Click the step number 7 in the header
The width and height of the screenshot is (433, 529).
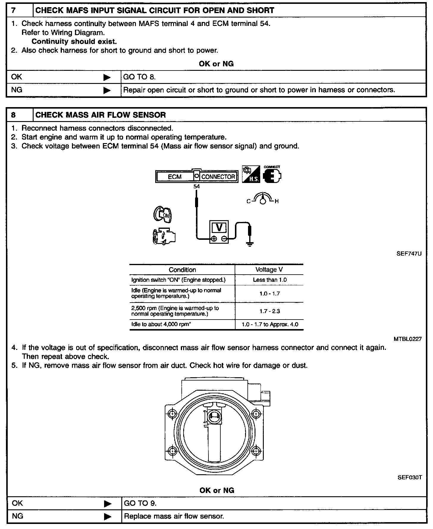(13, 10)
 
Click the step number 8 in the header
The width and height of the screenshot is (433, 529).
(13, 115)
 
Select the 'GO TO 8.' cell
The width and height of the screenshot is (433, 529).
(139, 77)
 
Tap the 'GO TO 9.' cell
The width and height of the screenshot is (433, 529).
(140, 503)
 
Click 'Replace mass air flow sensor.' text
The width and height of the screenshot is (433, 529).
(174, 516)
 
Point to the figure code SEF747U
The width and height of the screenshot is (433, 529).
(409, 254)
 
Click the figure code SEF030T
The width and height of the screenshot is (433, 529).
(410, 478)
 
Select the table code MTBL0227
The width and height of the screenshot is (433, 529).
(407, 339)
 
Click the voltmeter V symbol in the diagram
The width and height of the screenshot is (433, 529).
(219, 228)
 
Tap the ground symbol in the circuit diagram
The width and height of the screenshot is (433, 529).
(250, 244)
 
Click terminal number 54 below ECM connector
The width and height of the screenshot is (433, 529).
(197, 187)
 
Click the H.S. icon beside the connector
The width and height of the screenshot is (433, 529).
(251, 174)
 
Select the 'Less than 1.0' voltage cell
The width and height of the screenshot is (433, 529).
(270, 280)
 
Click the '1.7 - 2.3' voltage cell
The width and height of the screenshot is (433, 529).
(270, 311)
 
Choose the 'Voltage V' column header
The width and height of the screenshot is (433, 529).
(269, 270)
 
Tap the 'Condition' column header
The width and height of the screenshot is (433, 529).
(182, 270)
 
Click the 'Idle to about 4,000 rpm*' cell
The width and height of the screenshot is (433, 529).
(161, 324)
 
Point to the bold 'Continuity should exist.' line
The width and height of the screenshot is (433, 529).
(74, 41)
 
